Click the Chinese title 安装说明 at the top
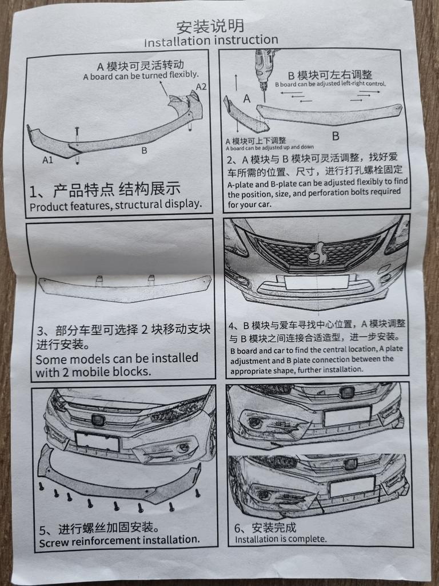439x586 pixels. tap(210, 26)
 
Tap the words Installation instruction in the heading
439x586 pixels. tap(211, 41)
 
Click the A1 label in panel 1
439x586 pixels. tap(48, 160)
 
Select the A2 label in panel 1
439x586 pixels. tap(201, 87)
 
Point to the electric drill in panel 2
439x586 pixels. tap(263, 69)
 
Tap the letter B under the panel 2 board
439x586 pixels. tap(335, 136)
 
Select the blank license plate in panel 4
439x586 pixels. tap(317, 282)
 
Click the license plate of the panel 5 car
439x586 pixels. tap(97, 441)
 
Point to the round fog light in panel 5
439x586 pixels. tap(182, 448)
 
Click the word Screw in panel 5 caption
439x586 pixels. tap(52, 543)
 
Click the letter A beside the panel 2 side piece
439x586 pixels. tap(247, 98)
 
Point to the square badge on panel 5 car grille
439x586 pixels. tap(98, 420)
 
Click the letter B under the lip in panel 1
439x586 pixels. tap(144, 151)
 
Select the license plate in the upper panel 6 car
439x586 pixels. tap(347, 416)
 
